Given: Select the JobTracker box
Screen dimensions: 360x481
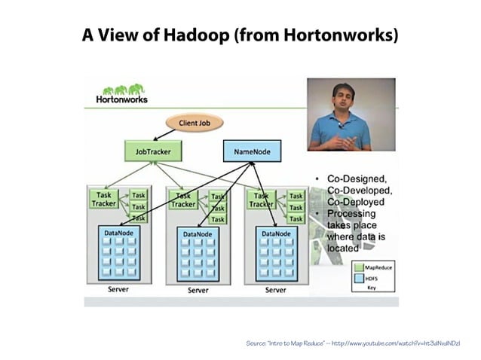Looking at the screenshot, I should (x=153, y=151).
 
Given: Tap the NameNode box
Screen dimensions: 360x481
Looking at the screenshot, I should (x=252, y=151).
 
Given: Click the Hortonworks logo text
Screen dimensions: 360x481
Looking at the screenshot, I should (x=121, y=99).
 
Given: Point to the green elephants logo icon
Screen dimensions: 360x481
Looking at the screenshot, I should (x=123, y=89).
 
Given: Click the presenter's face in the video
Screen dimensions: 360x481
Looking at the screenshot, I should (x=342, y=96).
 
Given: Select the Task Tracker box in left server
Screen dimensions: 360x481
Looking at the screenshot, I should (x=104, y=199).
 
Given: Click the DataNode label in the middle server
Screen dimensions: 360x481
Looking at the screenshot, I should (x=198, y=234).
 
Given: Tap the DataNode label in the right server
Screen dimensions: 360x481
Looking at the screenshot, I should (x=277, y=233).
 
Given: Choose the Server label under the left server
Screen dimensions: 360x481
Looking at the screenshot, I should (x=118, y=289).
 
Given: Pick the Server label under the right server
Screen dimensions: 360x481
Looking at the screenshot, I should (x=276, y=289).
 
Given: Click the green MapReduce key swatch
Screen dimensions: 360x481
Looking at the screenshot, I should (x=360, y=267).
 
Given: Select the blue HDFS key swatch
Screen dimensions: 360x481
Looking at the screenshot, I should (x=360, y=277).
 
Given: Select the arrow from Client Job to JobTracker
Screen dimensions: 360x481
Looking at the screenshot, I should (x=166, y=134).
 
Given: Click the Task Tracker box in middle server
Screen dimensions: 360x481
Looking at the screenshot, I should (x=183, y=199).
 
